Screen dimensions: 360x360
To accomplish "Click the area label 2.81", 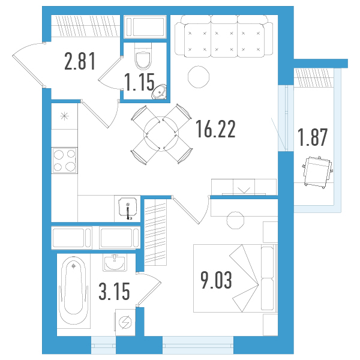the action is pos(80,61).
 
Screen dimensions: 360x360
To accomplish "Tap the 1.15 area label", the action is pos(139,82).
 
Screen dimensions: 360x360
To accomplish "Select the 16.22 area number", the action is pos(215,129).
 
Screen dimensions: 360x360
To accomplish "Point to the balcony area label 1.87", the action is pos(313,137).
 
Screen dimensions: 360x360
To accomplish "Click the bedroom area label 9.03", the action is pos(216,280).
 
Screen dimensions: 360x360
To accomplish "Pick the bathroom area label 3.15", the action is pos(115,291).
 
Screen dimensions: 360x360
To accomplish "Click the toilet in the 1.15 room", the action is pos(143,56).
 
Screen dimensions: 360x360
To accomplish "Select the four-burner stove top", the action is pos(64,160).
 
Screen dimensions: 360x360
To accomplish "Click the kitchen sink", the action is pos(128,208).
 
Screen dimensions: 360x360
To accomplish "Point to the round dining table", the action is pos(161,134).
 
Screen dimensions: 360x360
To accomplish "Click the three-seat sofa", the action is pos(224,36).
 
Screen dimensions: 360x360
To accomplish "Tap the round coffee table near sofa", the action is pos(199,77).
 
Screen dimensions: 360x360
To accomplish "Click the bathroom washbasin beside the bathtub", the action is pos(115,263).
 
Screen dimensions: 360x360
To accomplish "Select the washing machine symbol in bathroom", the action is pos(125,322).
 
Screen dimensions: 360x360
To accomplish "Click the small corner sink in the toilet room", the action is pos(160,92).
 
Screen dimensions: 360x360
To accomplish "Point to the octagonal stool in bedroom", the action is pos(235,220).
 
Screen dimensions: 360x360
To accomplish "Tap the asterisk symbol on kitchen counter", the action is pos(65,116).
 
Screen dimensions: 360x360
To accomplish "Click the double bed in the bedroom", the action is pos(236,278).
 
